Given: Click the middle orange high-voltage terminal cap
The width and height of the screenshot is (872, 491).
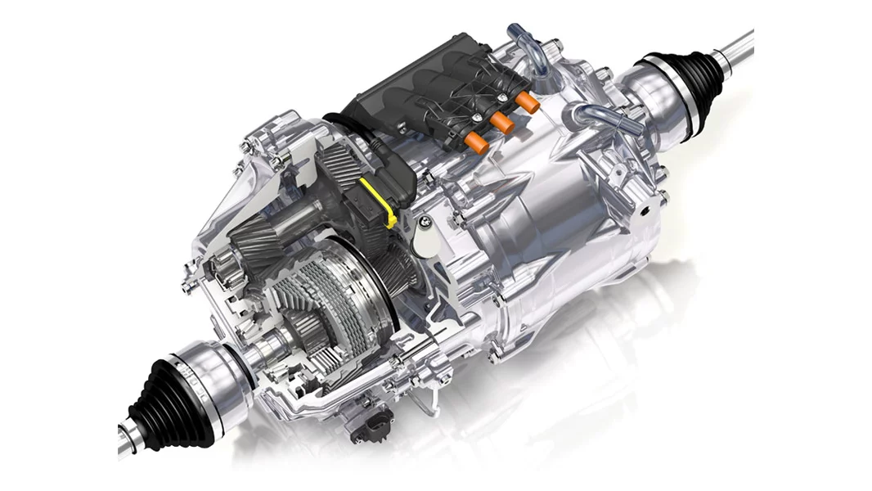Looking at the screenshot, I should point(501,123).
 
